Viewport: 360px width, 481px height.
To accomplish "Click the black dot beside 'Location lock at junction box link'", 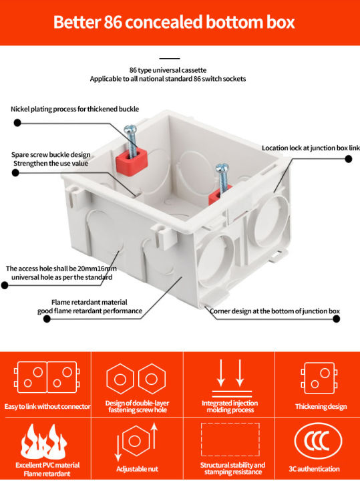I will coord(348,159).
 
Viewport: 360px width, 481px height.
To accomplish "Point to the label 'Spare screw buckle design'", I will coord(51,154).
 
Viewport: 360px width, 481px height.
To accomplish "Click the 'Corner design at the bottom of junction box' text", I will coord(275,311).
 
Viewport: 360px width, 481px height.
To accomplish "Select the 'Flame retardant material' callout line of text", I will coord(89,302).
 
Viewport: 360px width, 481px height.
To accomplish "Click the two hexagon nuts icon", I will coord(135,379).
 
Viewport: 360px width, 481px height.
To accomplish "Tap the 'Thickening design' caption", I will coord(321,406).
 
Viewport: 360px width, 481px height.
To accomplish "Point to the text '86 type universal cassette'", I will coord(168,70).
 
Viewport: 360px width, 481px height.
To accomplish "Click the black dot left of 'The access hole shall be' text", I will coord(5,285).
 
